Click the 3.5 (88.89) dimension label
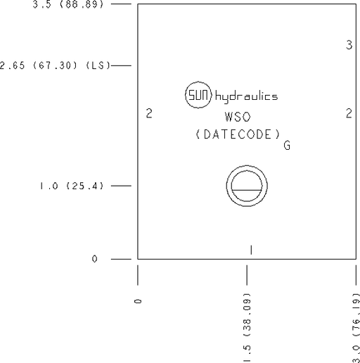[x=68, y=4]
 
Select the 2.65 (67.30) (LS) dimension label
[x=55, y=65]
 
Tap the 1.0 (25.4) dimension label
[x=72, y=186]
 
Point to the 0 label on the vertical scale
[x=94, y=259]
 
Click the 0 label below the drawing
[x=138, y=301]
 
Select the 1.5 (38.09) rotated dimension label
[x=247, y=327]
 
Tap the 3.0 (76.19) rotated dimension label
[x=356, y=328]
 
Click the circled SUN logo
[x=198, y=95]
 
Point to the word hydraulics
[x=246, y=97]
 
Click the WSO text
[x=238, y=117]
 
